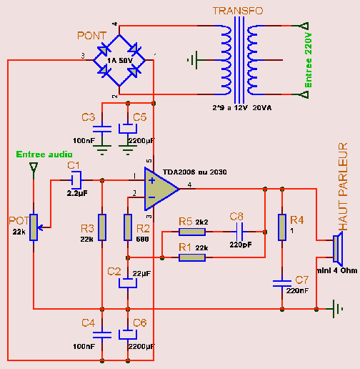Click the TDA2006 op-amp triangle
point(159,189)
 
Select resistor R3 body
point(102,227)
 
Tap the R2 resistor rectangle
point(128,227)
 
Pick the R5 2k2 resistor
point(192,232)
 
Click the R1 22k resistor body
point(192,257)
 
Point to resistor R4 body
point(282,227)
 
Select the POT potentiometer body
point(34,227)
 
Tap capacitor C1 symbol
point(76,180)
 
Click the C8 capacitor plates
point(239,232)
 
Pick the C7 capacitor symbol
point(282,283)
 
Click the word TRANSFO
point(238,11)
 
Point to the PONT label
point(91,36)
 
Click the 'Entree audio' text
point(44,154)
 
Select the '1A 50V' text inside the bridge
point(119,61)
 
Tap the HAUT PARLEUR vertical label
point(343,187)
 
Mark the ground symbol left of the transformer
point(194,60)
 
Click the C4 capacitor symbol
point(102,335)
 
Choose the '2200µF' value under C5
point(141,141)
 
